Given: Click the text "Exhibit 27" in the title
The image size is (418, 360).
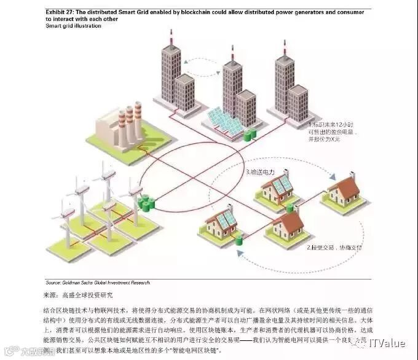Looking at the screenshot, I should [x=59, y=12].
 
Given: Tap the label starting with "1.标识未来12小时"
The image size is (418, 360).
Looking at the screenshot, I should [x=333, y=125].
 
